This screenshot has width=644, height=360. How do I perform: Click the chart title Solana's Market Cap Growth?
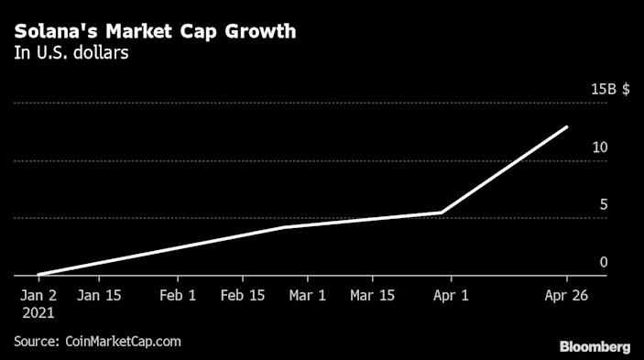coord(155,32)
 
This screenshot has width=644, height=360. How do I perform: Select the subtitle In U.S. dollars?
coord(71,53)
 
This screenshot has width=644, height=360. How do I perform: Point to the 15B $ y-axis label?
coord(609,90)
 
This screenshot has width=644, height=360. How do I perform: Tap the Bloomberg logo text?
coord(595,346)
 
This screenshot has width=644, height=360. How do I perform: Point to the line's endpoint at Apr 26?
coord(567,127)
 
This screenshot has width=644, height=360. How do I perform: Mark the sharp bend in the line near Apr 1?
coord(442,213)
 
